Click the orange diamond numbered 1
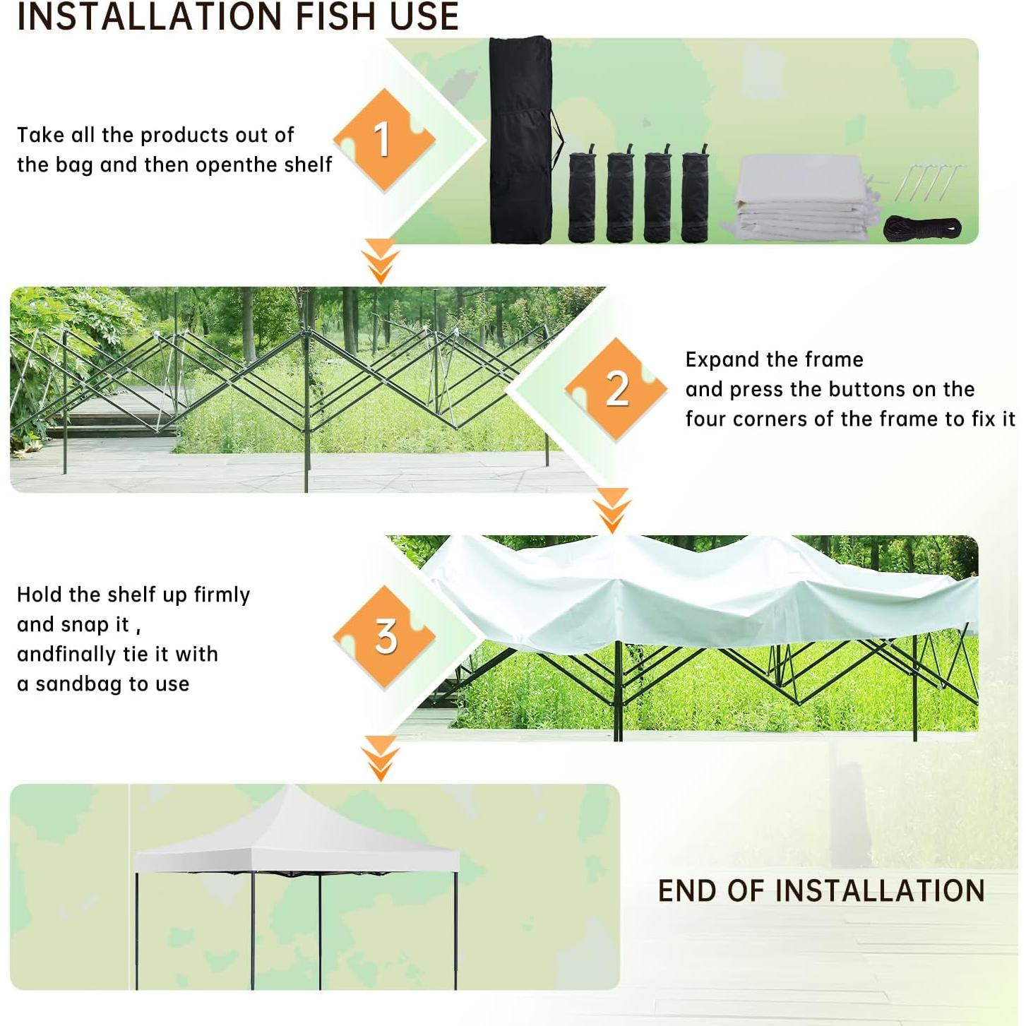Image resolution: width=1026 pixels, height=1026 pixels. coord(383,139)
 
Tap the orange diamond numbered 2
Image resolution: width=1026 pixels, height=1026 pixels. coord(616,388)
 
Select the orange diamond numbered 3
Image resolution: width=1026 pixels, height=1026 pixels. coord(385,636)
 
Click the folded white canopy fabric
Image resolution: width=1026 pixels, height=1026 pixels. coord(801,198)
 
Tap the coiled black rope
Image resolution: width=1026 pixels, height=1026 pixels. coord(922,229)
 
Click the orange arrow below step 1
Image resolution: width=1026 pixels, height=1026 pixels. coord(381,261)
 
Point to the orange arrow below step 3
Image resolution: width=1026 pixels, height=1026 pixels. coord(381,758)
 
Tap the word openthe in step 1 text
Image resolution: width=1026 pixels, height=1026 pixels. coord(237,165)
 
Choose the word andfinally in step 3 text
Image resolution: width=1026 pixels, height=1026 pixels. coord(66,655)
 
